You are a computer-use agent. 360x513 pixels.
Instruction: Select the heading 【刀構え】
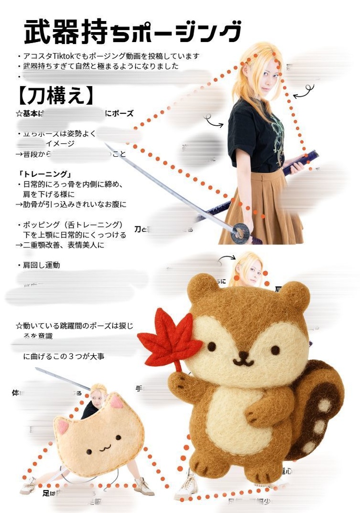[55, 95]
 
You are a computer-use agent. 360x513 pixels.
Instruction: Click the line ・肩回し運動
[40, 265]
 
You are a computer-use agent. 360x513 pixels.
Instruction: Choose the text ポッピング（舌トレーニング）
[72, 224]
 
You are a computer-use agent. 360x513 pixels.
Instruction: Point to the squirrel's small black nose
[243, 355]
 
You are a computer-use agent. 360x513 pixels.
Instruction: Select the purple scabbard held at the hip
[300, 162]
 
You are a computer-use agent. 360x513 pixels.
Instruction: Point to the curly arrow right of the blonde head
[303, 92]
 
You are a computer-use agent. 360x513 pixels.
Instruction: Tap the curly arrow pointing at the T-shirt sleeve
[214, 121]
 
